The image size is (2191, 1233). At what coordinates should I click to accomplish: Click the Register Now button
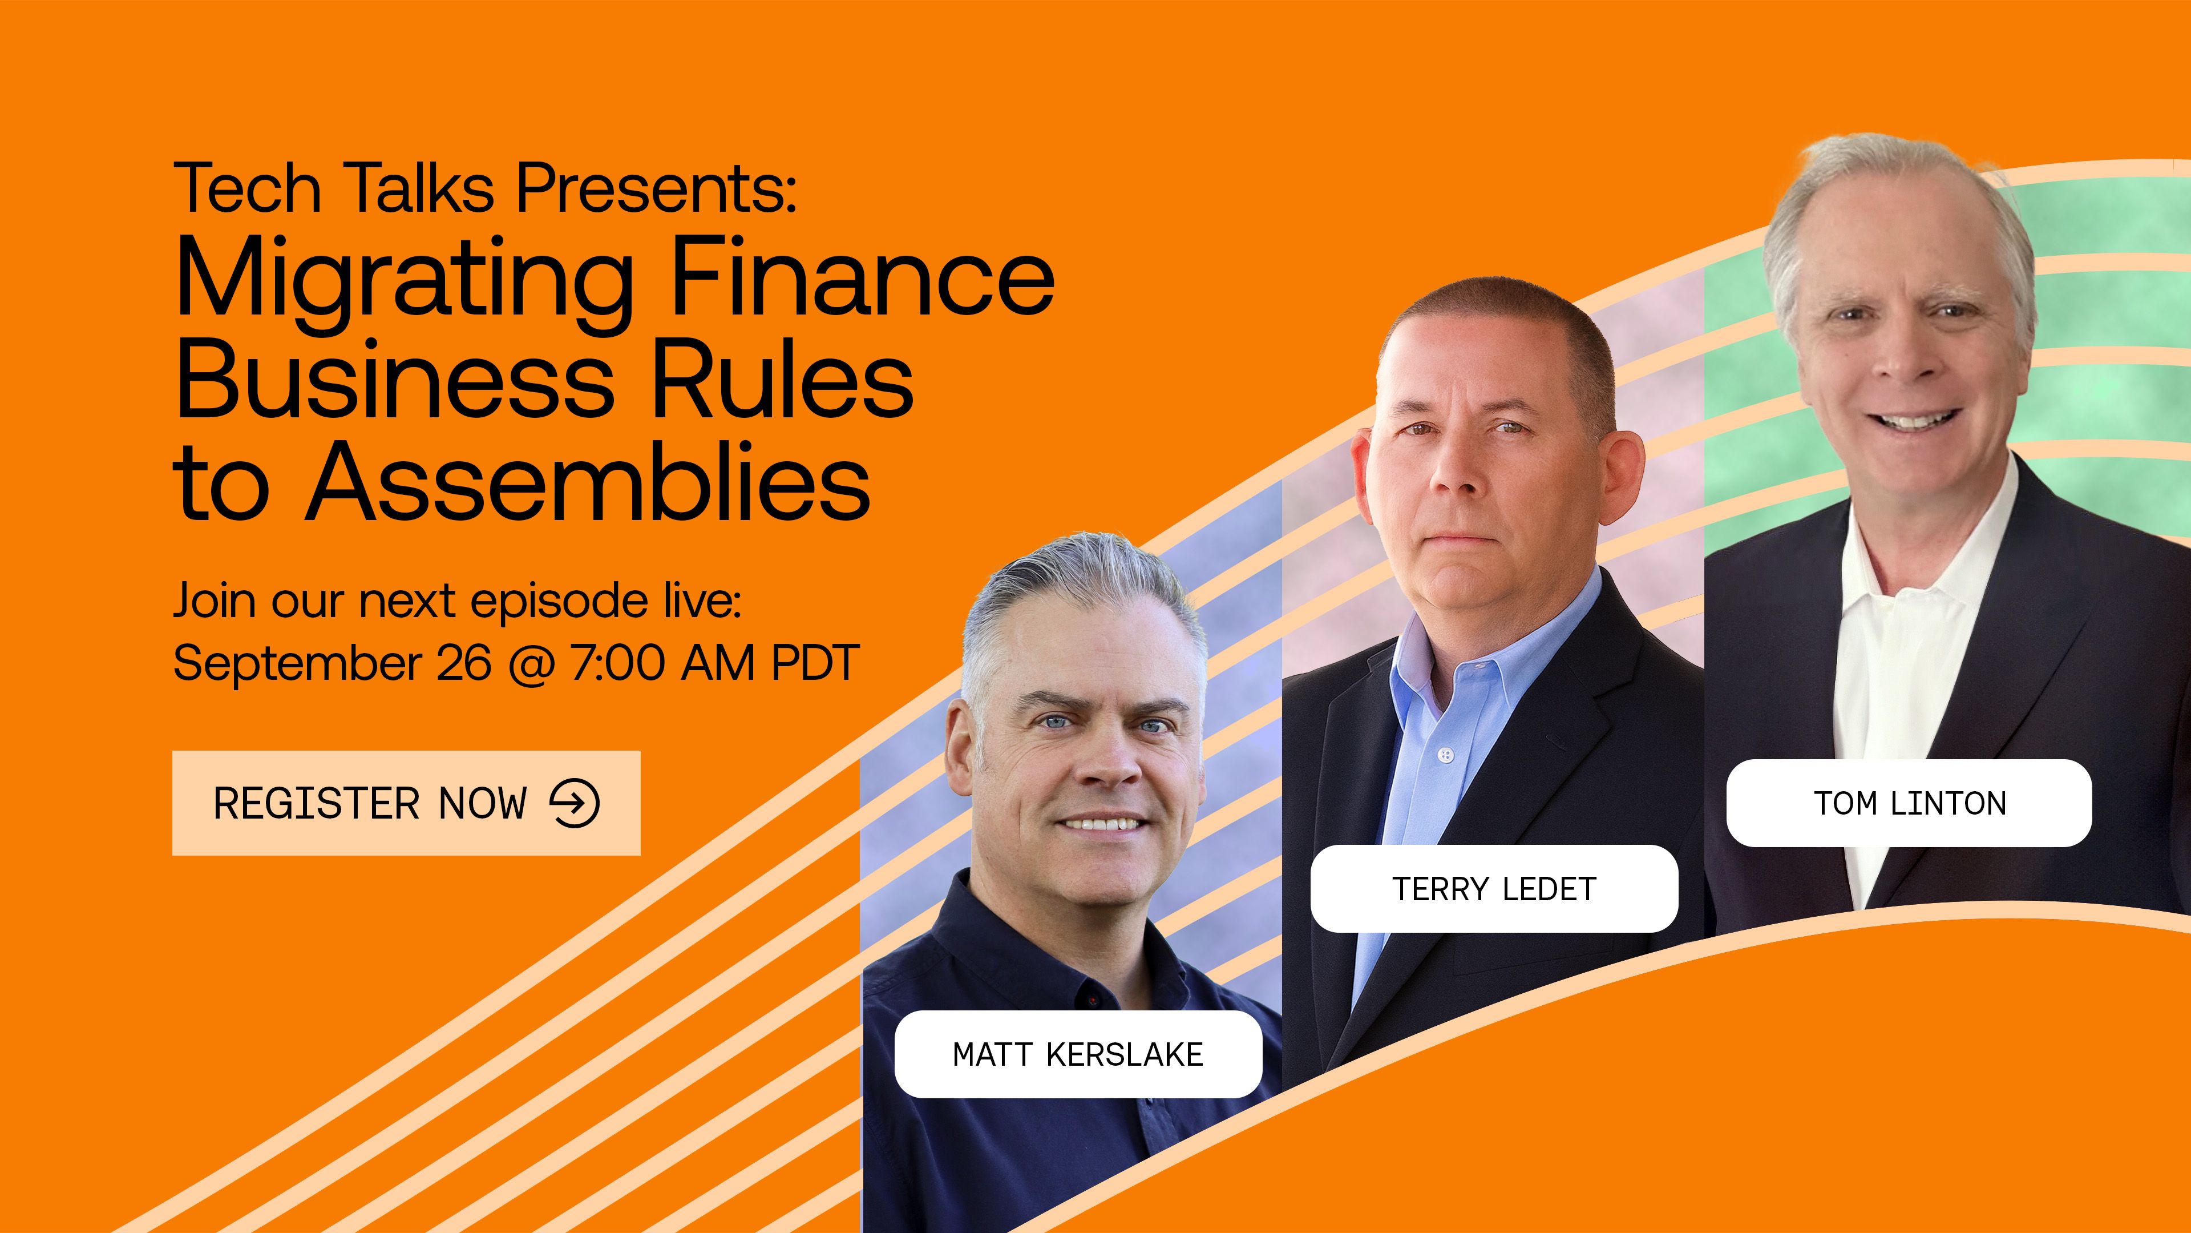406,803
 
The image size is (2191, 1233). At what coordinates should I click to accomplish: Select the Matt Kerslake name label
1078,1054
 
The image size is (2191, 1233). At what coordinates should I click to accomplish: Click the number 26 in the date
463,663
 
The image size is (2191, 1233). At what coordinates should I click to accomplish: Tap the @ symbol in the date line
531,664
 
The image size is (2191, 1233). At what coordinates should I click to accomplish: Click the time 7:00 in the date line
617,663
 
